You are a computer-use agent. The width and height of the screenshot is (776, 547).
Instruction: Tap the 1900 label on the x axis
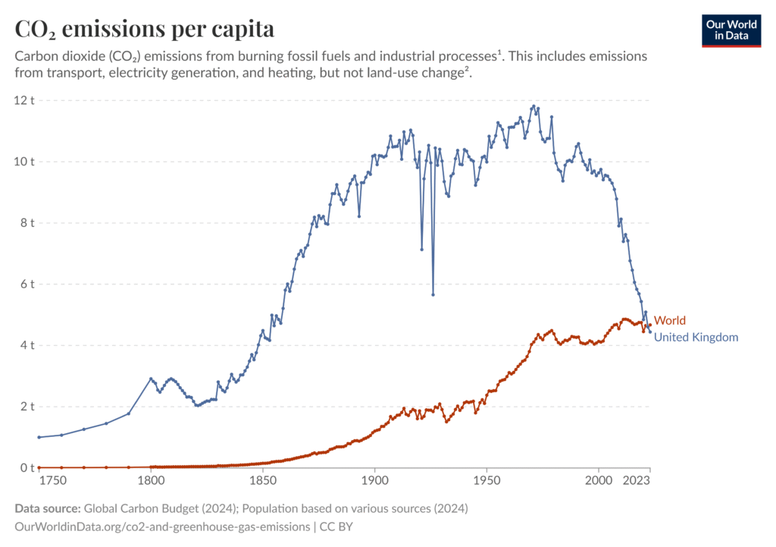pos(374,481)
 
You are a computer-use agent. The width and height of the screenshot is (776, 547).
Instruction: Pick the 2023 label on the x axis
pos(636,481)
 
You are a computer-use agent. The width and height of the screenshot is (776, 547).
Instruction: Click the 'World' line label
pos(669,321)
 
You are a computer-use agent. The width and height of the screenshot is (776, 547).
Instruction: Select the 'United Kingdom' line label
pos(696,338)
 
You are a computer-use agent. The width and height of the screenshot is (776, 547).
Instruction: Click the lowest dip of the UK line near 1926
pos(433,294)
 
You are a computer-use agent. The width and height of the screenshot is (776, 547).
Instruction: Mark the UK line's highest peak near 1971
pos(533,106)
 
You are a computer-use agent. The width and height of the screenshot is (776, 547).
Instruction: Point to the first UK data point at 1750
pos(39,437)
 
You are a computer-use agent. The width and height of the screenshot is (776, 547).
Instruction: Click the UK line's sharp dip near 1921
pos(422,249)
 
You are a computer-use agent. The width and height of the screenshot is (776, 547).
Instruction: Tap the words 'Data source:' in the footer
pos(48,508)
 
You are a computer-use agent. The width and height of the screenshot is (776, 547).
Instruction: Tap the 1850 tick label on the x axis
pos(262,481)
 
